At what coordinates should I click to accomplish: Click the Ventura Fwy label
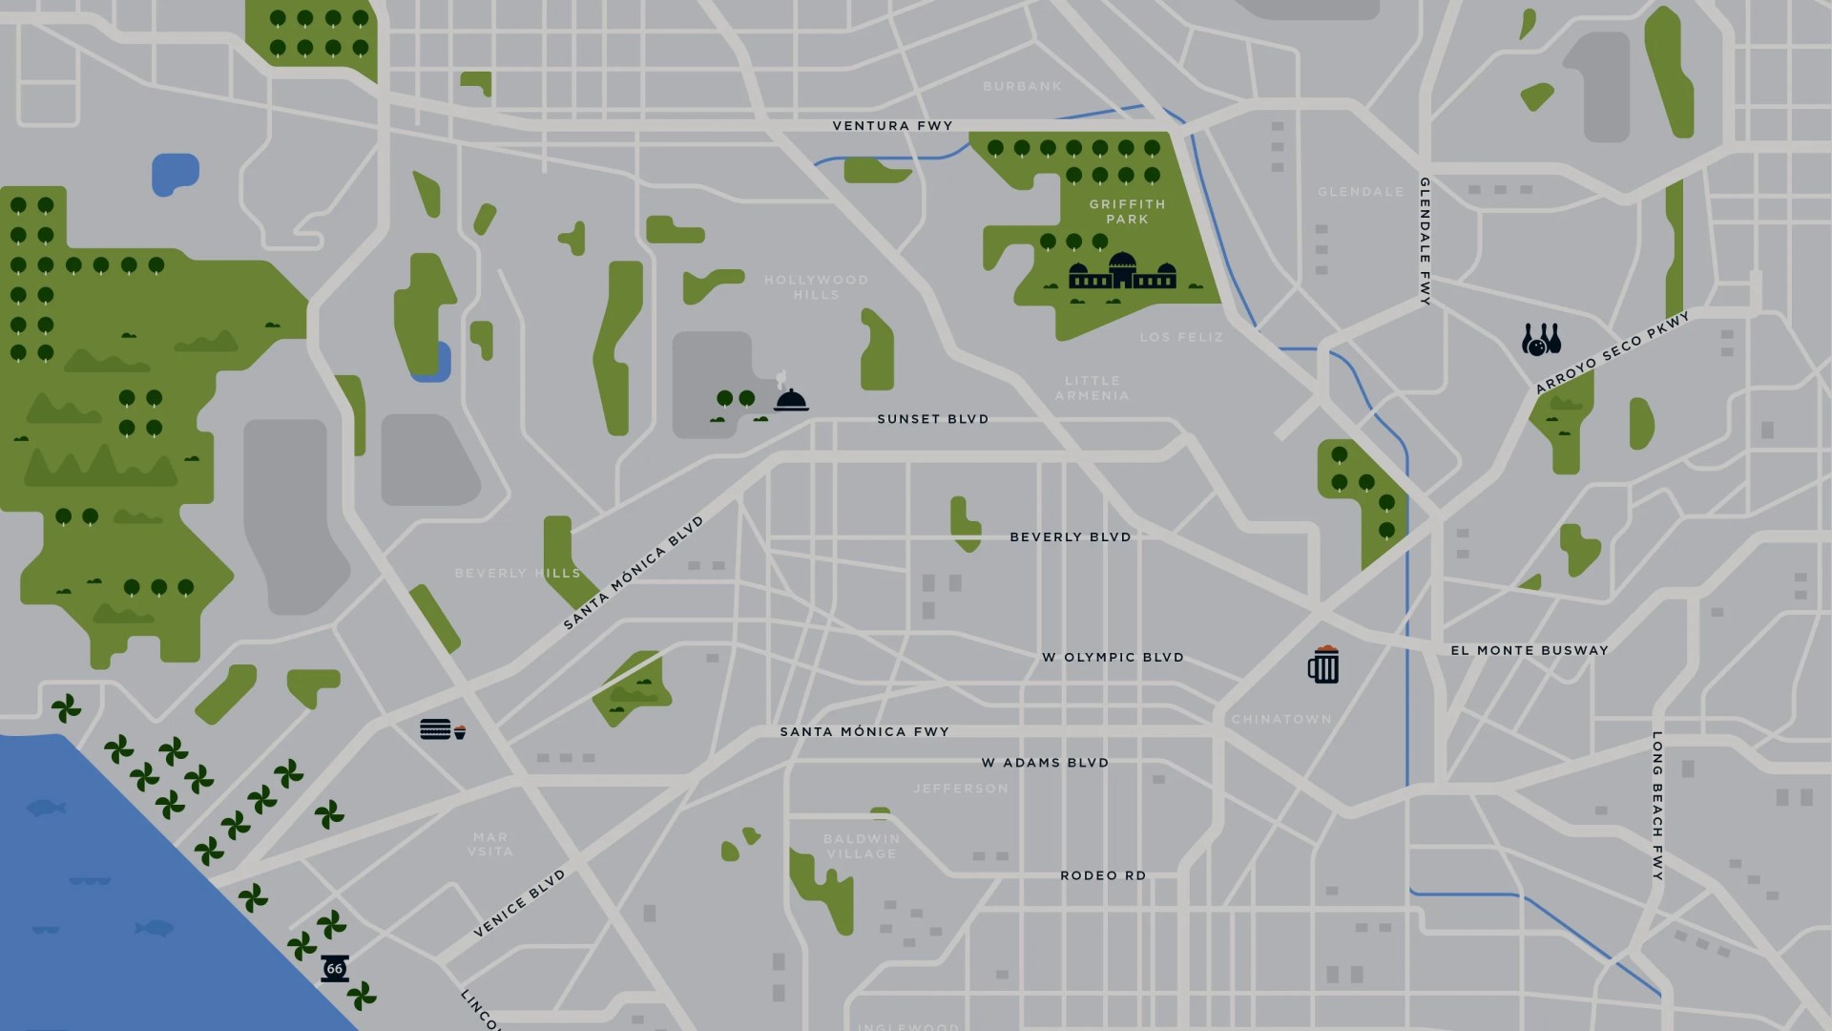pyautogui.click(x=892, y=125)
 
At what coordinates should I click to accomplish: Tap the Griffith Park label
pyautogui.click(x=1127, y=212)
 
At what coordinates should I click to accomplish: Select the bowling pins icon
pyautogui.click(x=1540, y=340)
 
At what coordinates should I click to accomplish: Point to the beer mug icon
pyautogui.click(x=1323, y=664)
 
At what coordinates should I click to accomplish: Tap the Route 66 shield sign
pyautogui.click(x=334, y=968)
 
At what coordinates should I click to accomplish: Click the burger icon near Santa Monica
pyautogui.click(x=435, y=729)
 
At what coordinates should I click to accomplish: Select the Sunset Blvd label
pyautogui.click(x=932, y=419)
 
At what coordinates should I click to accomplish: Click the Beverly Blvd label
pyautogui.click(x=1070, y=537)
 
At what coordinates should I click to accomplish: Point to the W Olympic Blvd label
pyautogui.click(x=1113, y=658)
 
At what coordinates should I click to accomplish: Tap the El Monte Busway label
pyautogui.click(x=1529, y=650)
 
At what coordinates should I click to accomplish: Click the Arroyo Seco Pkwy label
pyautogui.click(x=1612, y=352)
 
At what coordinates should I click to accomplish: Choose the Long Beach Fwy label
pyautogui.click(x=1657, y=807)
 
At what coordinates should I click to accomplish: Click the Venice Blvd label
pyautogui.click(x=520, y=903)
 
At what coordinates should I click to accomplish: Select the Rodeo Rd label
pyautogui.click(x=1103, y=875)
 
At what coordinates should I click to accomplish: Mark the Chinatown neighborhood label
pyautogui.click(x=1280, y=719)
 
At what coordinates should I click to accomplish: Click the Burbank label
pyautogui.click(x=1022, y=86)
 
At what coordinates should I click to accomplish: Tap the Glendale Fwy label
pyautogui.click(x=1425, y=241)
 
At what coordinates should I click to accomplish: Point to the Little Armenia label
pyautogui.click(x=1093, y=388)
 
